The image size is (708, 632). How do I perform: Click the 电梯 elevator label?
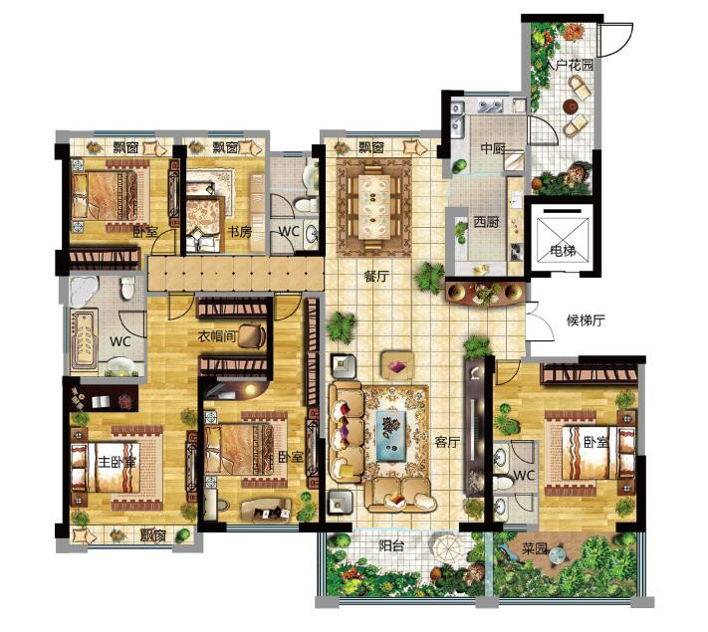[563, 251]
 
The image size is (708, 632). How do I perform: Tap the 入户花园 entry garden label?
[569, 65]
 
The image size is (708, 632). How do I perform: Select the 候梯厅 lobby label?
[586, 320]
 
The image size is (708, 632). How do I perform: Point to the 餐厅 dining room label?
[376, 276]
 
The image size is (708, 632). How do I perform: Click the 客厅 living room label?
[447, 442]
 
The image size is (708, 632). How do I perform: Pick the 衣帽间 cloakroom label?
[217, 336]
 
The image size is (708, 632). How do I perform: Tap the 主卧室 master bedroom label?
[118, 462]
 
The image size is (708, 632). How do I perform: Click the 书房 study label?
[239, 232]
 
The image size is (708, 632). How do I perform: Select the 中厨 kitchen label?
[493, 148]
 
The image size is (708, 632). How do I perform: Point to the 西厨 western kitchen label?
[486, 222]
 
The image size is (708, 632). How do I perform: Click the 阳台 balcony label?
[391, 546]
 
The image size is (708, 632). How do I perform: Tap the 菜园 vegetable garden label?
[535, 549]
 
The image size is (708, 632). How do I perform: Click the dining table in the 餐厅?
[373, 206]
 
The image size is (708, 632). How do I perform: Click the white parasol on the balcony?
[446, 548]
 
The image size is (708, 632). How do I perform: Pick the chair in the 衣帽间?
[251, 335]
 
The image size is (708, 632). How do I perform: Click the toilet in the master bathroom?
[128, 288]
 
